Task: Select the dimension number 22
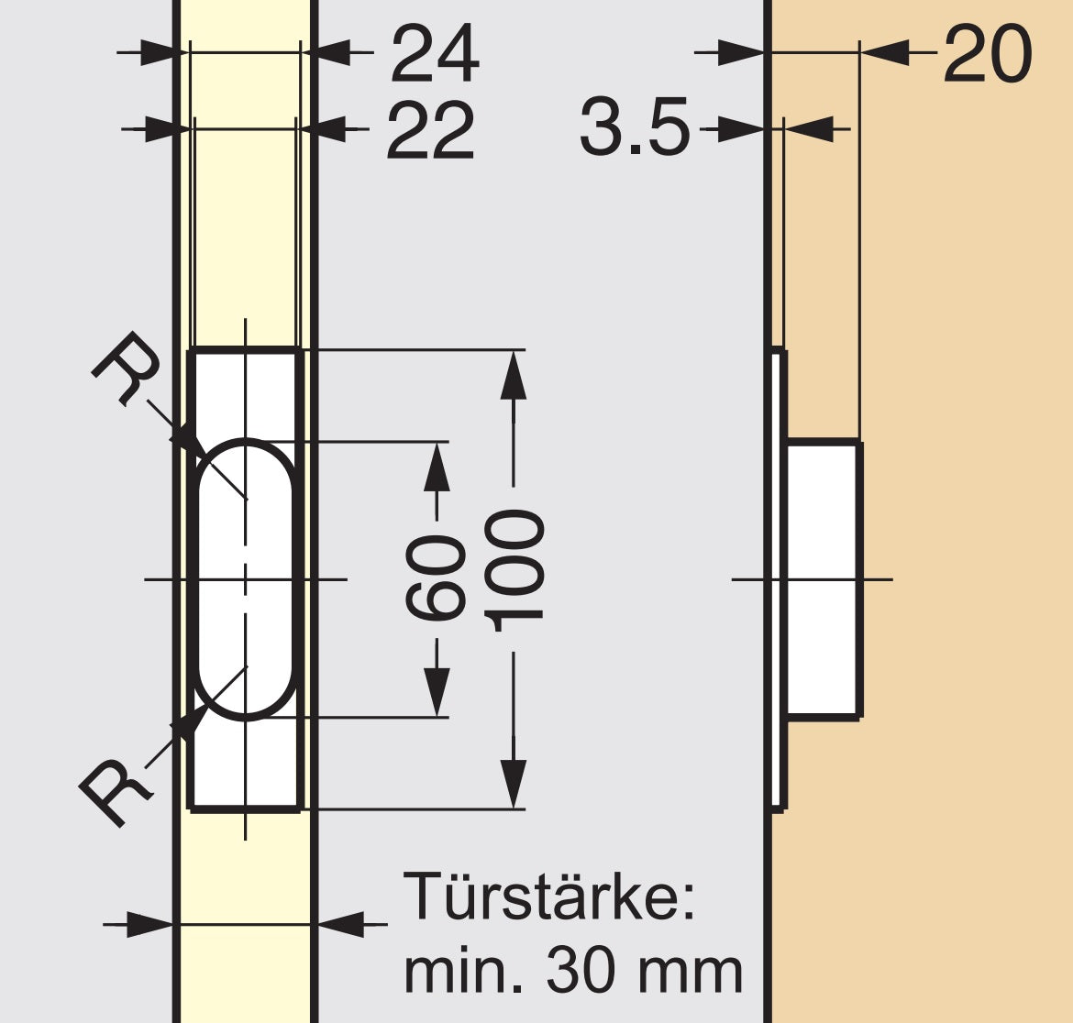430,131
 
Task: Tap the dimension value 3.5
634,128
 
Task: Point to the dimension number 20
987,55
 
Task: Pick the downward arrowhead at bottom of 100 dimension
514,784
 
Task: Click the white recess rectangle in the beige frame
824,579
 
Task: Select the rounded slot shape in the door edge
246,577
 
